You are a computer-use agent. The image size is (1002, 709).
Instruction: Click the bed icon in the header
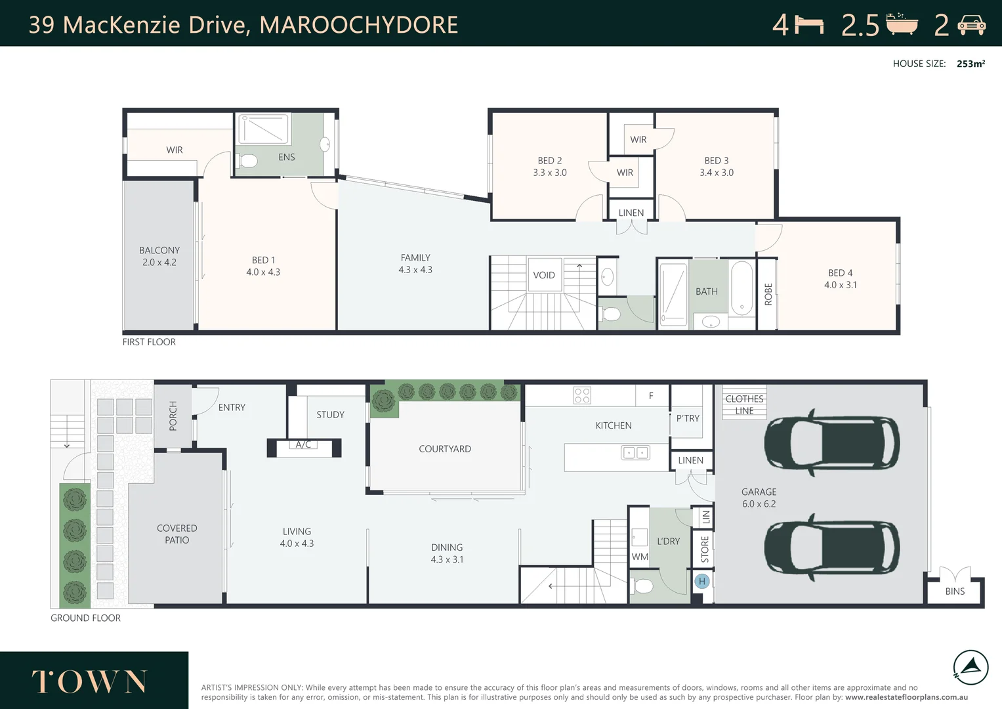point(809,25)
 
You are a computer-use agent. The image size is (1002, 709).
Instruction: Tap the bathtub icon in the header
point(902,24)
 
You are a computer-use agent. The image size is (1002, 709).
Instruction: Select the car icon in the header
point(971,25)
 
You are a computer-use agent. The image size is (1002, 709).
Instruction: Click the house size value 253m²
point(971,64)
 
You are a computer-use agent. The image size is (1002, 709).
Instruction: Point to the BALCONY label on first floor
point(159,250)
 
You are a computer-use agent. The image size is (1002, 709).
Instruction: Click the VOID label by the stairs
point(544,275)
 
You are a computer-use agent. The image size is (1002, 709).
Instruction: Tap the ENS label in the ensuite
point(287,157)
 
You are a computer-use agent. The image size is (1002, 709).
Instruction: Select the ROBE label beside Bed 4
point(768,293)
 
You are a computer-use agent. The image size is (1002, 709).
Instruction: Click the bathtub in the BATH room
point(742,289)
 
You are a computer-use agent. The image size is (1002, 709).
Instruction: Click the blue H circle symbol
point(702,581)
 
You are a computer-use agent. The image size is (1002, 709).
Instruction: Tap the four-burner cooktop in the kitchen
point(582,395)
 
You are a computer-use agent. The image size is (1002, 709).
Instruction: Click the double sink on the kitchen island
point(635,452)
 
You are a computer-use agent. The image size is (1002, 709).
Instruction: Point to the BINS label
point(955,591)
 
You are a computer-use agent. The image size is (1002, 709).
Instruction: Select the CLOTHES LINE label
point(744,404)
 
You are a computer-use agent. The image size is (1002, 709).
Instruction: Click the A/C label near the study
point(303,444)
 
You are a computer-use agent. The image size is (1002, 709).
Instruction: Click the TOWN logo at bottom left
point(89,681)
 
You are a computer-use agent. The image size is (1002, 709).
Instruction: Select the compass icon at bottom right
point(971,668)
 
